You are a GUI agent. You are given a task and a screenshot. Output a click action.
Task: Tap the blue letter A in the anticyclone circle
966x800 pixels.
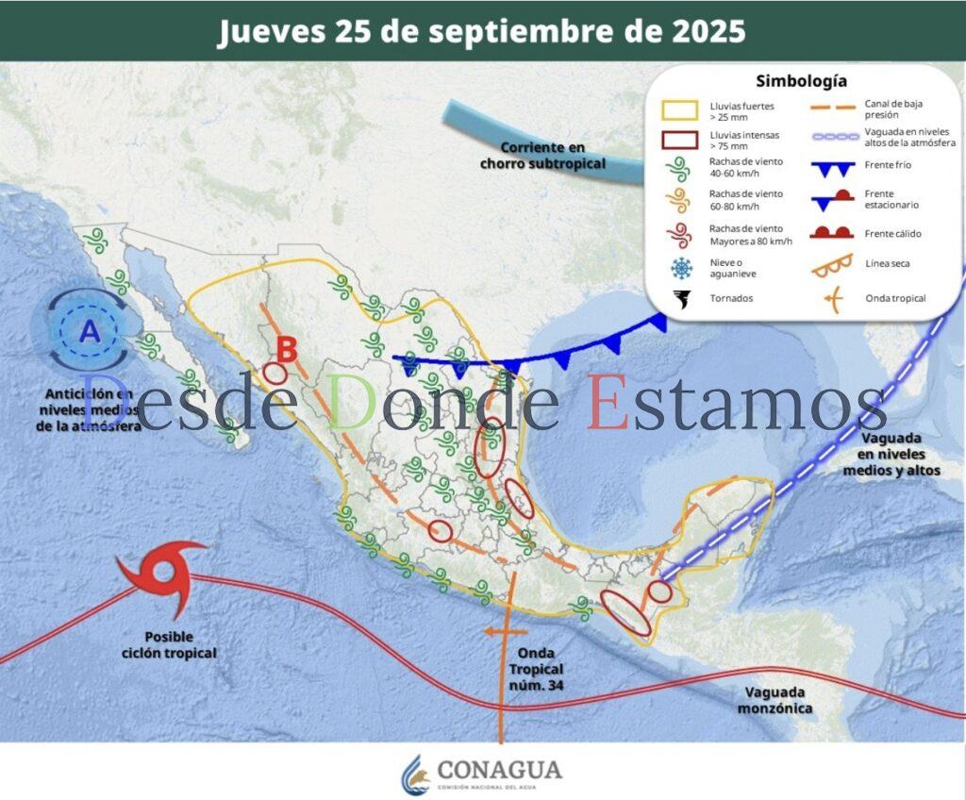click(x=90, y=331)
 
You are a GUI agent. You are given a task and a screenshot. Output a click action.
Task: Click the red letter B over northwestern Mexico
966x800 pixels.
click(x=286, y=349)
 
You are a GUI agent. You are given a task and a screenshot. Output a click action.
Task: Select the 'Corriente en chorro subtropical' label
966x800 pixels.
click(x=542, y=156)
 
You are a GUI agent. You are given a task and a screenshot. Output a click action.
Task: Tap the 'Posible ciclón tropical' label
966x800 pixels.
click(x=170, y=645)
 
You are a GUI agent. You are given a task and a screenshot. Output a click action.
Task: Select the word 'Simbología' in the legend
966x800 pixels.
click(x=801, y=82)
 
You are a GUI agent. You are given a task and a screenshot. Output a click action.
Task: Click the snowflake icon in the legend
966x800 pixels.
click(x=679, y=269)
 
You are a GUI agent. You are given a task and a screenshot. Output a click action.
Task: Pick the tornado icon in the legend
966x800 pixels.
click(x=679, y=299)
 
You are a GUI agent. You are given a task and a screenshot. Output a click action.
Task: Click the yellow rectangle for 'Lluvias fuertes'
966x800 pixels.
click(x=679, y=111)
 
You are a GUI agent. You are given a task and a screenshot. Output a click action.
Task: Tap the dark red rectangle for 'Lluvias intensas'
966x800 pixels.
click(x=679, y=141)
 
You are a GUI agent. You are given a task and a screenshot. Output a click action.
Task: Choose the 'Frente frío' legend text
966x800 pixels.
click(x=888, y=166)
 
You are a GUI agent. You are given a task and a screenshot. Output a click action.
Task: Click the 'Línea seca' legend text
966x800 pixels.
click(x=888, y=264)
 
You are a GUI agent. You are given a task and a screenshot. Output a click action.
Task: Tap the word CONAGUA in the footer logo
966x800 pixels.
click(x=499, y=769)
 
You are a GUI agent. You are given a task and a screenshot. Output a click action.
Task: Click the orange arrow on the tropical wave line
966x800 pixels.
click(x=494, y=631)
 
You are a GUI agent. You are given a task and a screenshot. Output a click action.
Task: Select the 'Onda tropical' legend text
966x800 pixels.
click(x=895, y=299)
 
